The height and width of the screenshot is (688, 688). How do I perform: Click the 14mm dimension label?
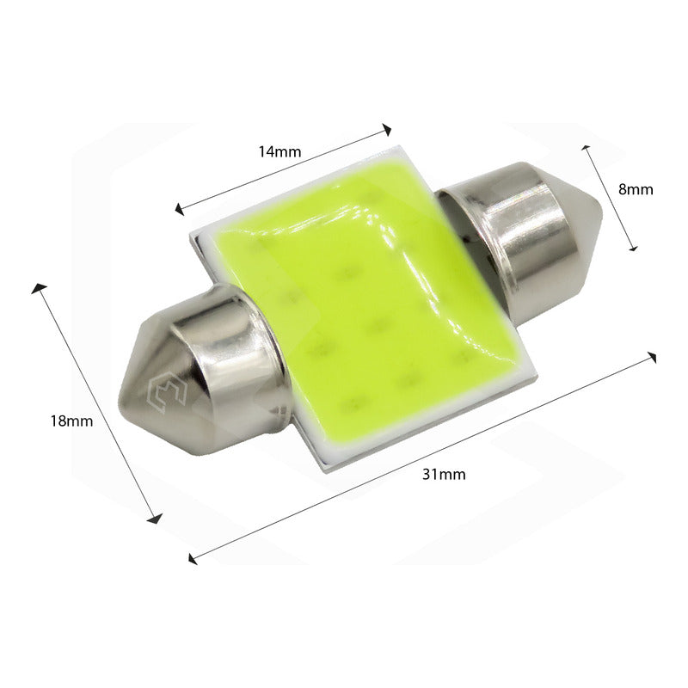[x=279, y=152]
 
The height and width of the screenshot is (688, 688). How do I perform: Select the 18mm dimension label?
[x=71, y=421]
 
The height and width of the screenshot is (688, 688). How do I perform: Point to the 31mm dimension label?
[x=445, y=474]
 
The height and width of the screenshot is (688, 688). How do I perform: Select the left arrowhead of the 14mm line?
[x=178, y=209]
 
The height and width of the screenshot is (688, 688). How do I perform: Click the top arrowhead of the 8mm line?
[x=587, y=147]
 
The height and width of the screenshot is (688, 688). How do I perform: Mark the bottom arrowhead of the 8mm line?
[x=634, y=249]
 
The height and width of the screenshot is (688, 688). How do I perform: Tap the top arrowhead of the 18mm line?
[x=36, y=286]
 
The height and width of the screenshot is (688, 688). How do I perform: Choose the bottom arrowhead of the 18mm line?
[x=157, y=519]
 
